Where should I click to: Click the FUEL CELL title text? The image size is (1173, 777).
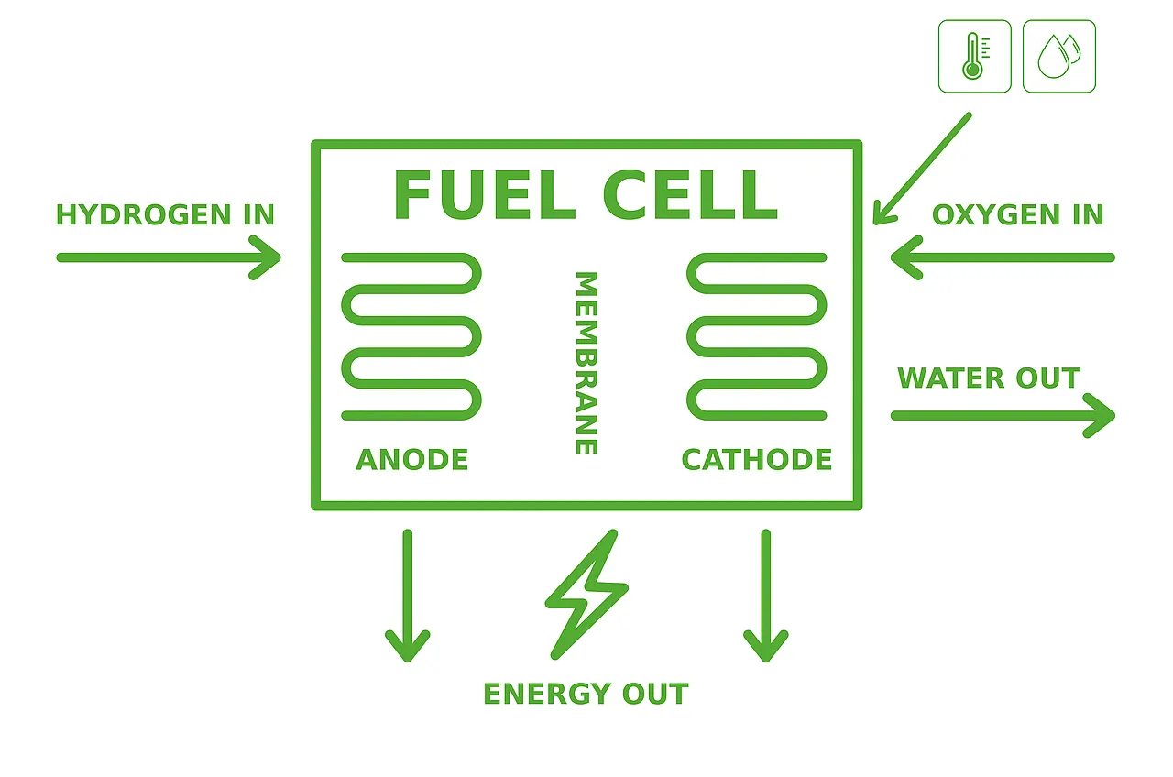(x=586, y=195)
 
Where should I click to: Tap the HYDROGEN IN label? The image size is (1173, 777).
(x=165, y=215)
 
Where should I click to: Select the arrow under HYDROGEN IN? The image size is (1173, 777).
(x=169, y=257)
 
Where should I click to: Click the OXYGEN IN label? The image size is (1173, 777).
(x=1017, y=215)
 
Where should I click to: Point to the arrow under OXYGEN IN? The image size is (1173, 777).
(x=1003, y=257)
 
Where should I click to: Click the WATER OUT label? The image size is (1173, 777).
(x=989, y=378)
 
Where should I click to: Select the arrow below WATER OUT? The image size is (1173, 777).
(x=1003, y=416)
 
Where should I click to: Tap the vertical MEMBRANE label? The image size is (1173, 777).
(x=586, y=363)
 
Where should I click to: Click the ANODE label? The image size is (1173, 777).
(x=411, y=460)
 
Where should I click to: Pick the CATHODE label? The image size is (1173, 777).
(x=757, y=460)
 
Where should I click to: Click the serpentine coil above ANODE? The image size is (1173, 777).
(x=411, y=336)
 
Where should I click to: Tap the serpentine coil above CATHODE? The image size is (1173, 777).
(x=757, y=336)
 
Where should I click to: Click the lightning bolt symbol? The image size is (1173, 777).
(x=586, y=594)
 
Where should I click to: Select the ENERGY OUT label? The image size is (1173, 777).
(x=586, y=695)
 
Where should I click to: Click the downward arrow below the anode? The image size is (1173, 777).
(x=408, y=596)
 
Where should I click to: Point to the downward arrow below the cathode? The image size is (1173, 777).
(x=766, y=596)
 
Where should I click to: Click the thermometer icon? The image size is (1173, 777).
(x=974, y=57)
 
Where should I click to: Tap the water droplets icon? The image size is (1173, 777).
(x=1058, y=57)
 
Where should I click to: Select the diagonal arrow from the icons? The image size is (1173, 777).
(x=921, y=169)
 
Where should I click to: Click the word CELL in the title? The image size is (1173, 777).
(x=689, y=195)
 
